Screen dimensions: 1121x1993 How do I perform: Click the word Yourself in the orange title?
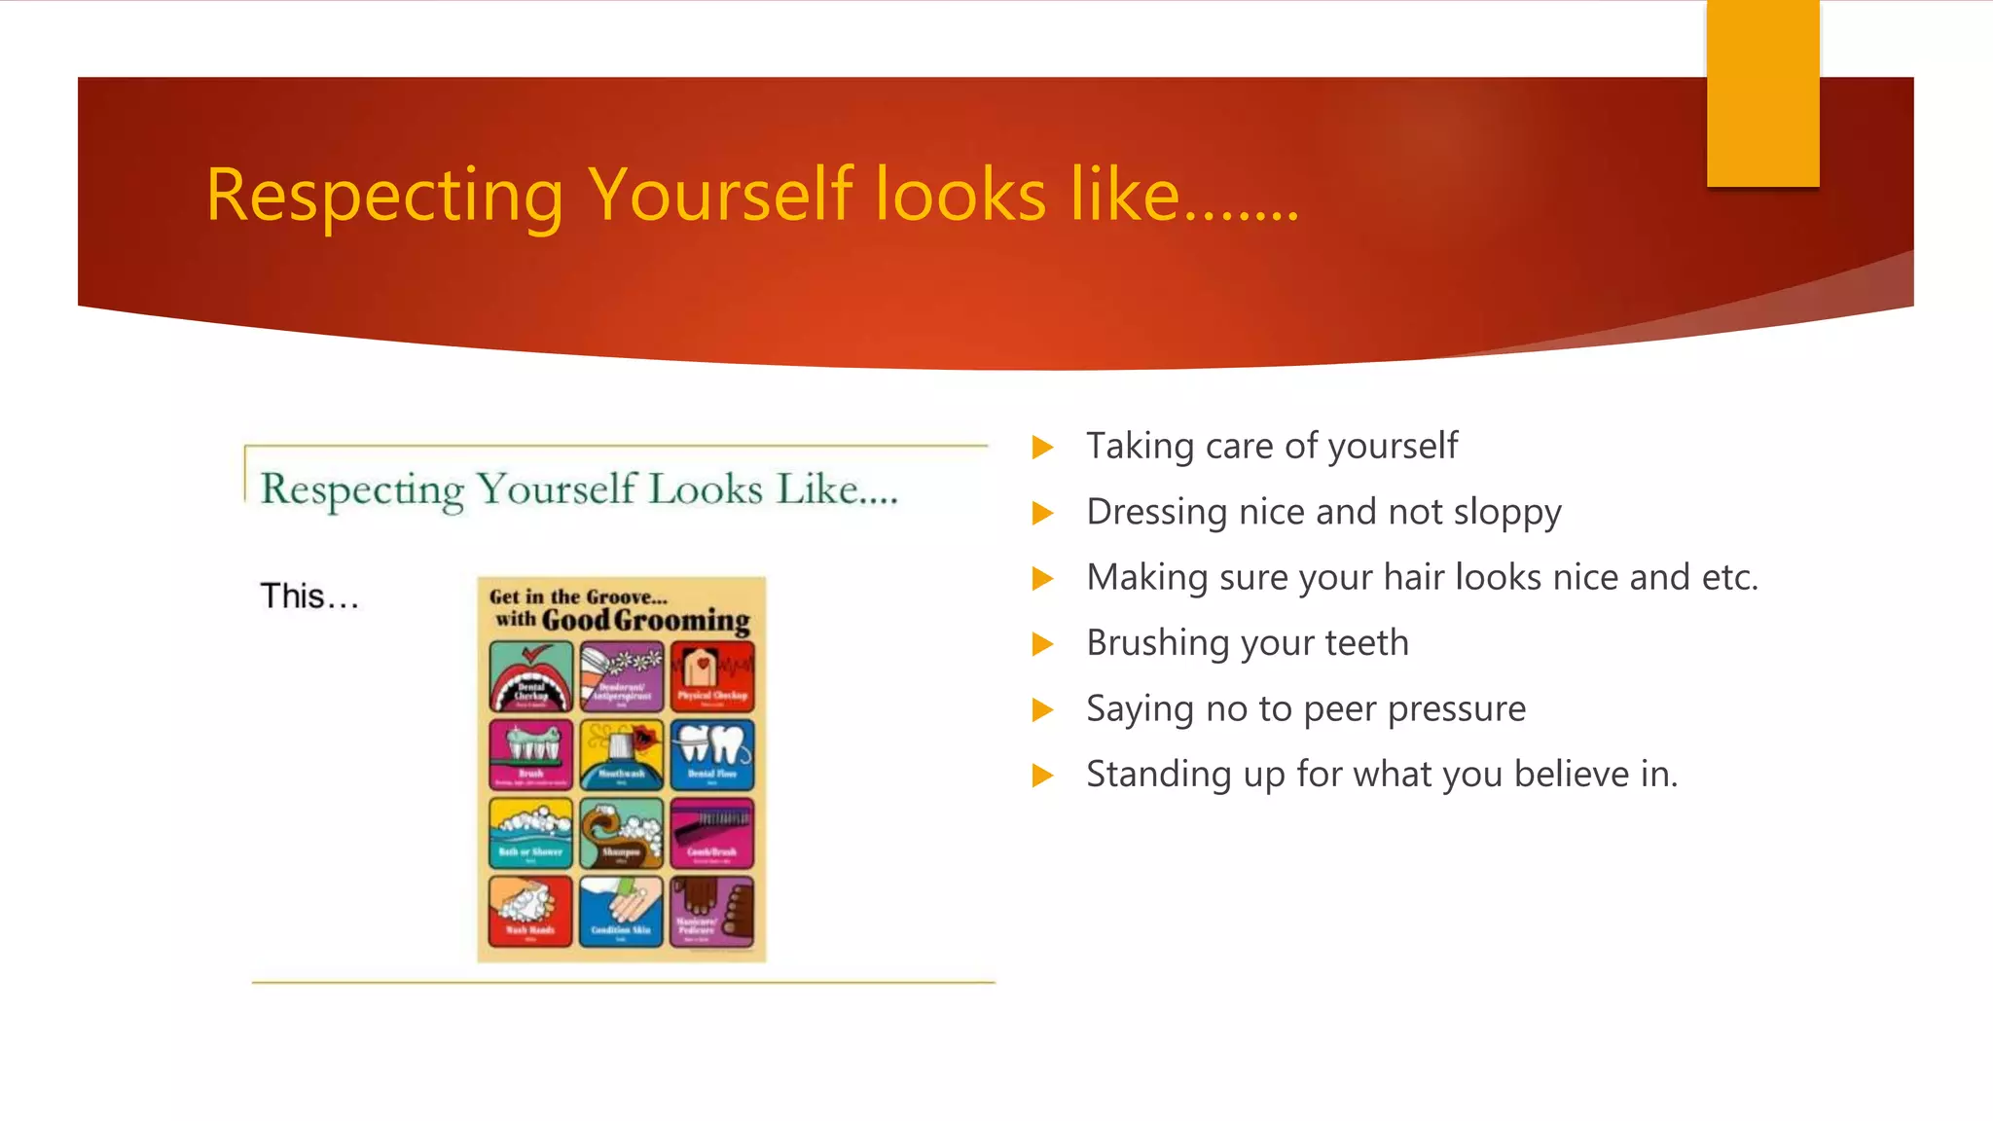pos(721,195)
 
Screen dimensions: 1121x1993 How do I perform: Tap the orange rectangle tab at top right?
pos(1762,93)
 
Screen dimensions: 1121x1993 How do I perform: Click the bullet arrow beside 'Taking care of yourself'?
pos(1042,448)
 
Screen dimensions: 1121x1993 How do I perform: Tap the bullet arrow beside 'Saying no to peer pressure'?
pos(1042,709)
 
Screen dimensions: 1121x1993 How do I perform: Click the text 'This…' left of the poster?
pos(308,596)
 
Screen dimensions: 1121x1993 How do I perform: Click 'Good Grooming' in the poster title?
pos(645,620)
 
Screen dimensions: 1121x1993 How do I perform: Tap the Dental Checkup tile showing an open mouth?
pos(530,677)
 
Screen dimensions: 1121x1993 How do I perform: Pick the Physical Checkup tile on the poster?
pos(712,677)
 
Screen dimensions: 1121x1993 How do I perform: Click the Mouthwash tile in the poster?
pos(621,754)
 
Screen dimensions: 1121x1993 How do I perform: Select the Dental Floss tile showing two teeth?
pos(712,754)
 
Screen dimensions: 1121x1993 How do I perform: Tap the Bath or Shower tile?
pos(530,833)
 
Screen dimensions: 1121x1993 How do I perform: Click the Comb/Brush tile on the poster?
pos(712,833)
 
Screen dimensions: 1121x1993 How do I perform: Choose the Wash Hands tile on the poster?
pos(530,911)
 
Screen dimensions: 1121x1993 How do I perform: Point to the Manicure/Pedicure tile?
pos(712,911)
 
